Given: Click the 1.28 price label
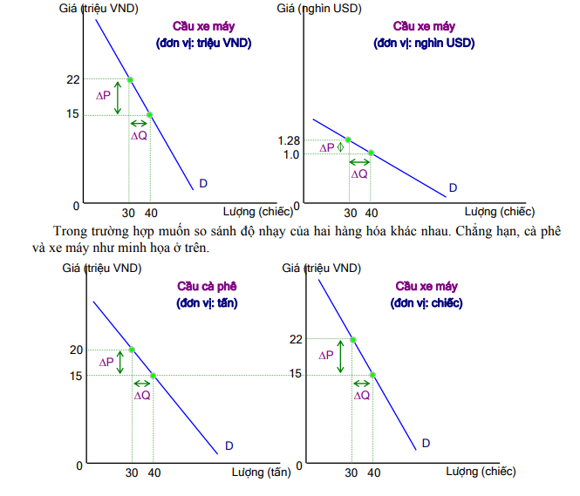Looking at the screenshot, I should pos(288,141).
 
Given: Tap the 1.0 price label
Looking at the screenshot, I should pos(290,154).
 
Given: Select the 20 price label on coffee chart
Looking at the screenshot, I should pos(76,350).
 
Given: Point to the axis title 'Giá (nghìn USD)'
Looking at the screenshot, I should pos(333,9).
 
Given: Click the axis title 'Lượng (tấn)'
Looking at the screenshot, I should pos(261,472).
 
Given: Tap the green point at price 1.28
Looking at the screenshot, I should pos(348,139).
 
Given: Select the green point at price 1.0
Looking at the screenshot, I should pos(371,153).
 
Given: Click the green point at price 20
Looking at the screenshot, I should pos(132,350).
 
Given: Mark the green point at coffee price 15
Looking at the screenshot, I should pos(154,376).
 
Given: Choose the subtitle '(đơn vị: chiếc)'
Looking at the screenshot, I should pos(426,302).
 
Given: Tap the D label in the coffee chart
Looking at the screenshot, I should pos(229,445).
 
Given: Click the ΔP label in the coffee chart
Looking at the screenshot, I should pos(106,361).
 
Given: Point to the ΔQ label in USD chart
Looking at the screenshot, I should pos(358,173).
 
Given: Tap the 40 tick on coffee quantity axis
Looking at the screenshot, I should pos(154,472).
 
